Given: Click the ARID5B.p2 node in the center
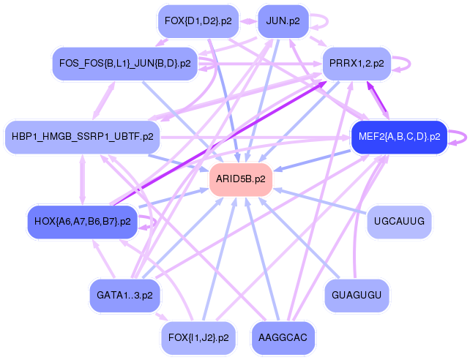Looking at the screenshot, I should [241, 179].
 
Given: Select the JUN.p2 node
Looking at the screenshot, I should [283, 21].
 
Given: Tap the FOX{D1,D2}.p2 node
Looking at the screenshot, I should [197, 21].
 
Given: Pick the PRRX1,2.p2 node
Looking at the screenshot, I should [357, 64].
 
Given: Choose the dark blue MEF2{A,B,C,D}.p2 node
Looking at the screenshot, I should [399, 136].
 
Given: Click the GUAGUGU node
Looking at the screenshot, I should [357, 295].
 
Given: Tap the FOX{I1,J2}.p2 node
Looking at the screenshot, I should [198, 337].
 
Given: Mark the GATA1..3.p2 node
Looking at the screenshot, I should [124, 295].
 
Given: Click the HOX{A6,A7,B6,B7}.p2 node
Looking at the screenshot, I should [82, 220].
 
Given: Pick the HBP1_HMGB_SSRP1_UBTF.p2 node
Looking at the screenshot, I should [82, 136].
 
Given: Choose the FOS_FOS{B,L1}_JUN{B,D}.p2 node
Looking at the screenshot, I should [124, 64].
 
